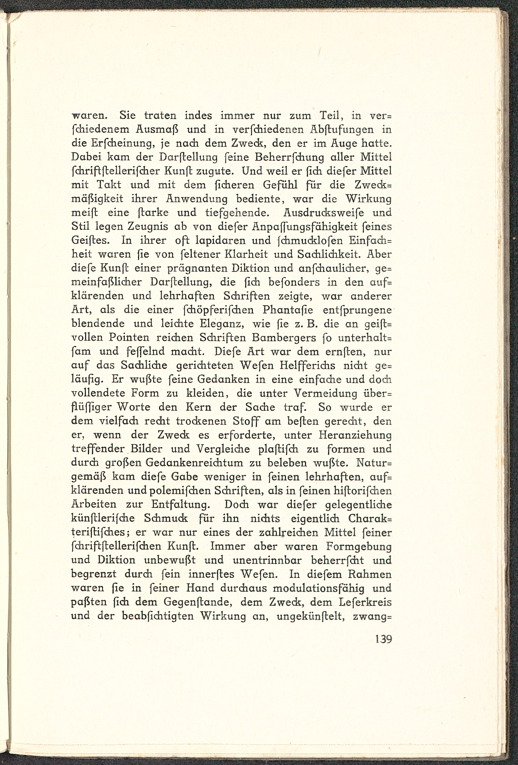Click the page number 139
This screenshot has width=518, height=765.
click(383, 639)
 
